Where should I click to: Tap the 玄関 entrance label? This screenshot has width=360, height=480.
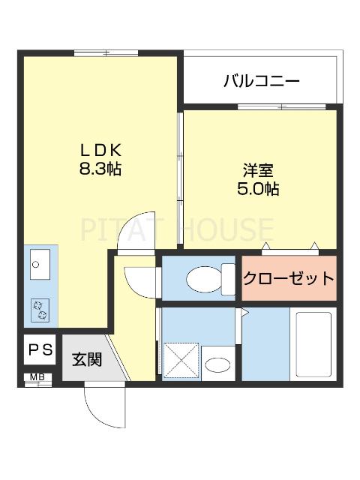pos(86,358)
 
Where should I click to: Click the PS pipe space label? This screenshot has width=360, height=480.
pos(40,349)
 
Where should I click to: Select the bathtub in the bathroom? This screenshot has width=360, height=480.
pos(313,345)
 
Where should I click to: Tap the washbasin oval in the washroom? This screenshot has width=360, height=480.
pos(217,365)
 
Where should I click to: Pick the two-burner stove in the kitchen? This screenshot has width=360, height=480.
pos(37,307)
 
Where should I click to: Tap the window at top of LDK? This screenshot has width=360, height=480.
pos(106,53)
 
